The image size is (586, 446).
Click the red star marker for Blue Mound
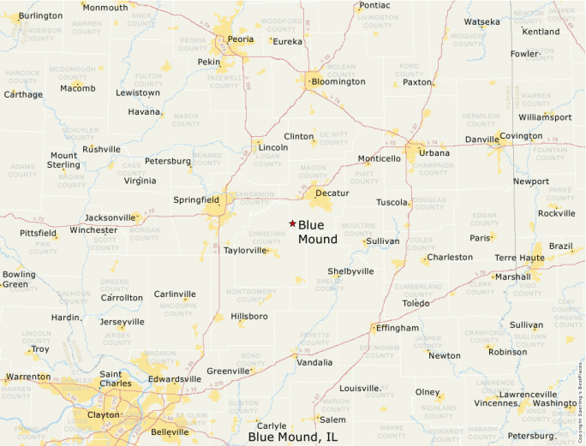(x=292, y=223)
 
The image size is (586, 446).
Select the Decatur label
(x=332, y=193)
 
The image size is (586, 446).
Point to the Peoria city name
(x=241, y=39)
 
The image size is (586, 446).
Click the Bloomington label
(x=338, y=81)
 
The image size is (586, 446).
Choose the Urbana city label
(x=434, y=153)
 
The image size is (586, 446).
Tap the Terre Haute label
(x=519, y=258)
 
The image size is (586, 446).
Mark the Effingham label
(x=398, y=328)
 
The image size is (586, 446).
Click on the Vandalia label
(x=314, y=362)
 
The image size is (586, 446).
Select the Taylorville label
(x=245, y=251)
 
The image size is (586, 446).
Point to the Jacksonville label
(x=110, y=218)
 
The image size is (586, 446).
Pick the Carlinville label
(x=175, y=294)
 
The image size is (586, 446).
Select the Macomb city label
(x=78, y=87)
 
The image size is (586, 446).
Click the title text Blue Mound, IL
(x=292, y=437)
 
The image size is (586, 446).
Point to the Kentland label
(x=541, y=32)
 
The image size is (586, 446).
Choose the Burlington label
(x=40, y=15)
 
